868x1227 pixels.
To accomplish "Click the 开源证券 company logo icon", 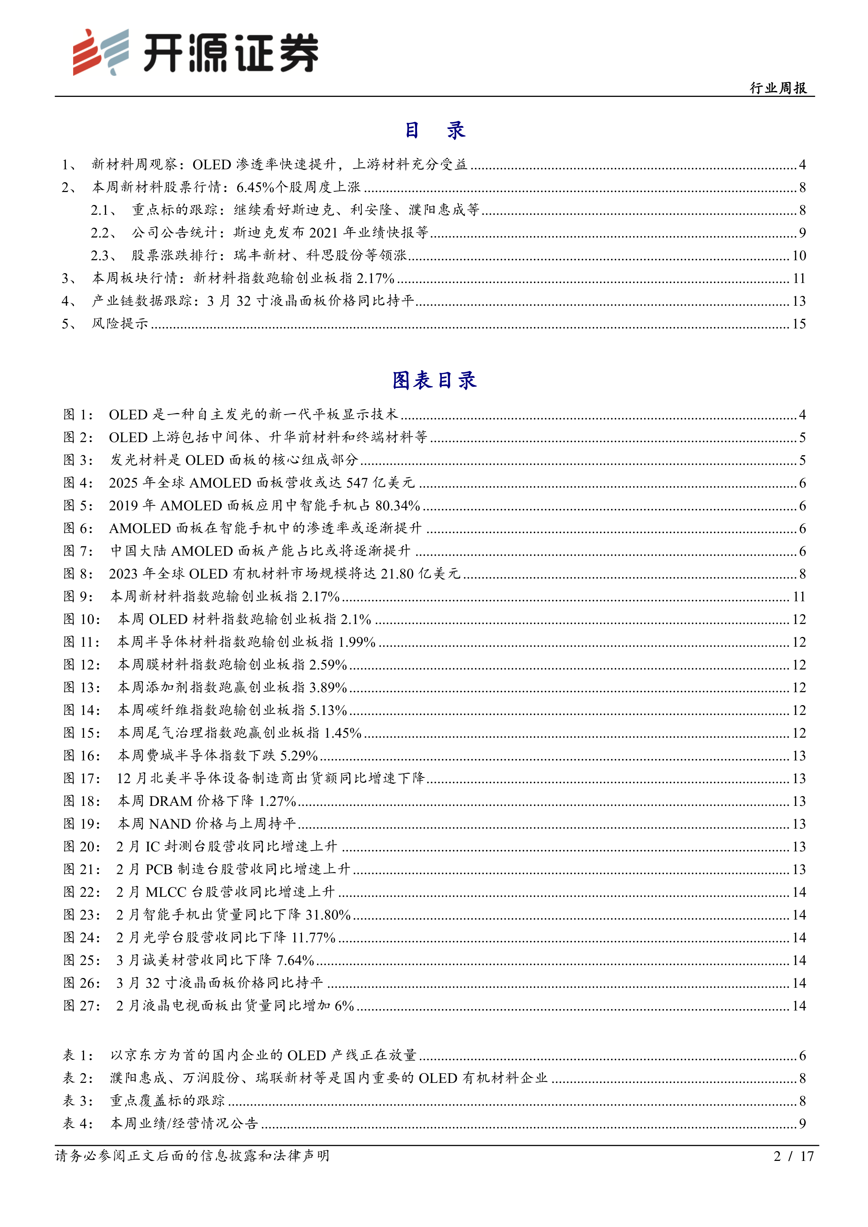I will (x=100, y=52).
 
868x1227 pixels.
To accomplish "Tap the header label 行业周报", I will (x=778, y=88).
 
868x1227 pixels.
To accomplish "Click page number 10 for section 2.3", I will (x=799, y=255).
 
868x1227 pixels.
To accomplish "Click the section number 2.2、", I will (x=103, y=233).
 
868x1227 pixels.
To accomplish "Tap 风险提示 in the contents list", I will (x=120, y=324).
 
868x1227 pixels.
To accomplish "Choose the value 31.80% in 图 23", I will (x=327, y=915).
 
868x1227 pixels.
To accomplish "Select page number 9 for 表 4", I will (x=802, y=1123).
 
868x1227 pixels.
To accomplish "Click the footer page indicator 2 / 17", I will (x=793, y=1156).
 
